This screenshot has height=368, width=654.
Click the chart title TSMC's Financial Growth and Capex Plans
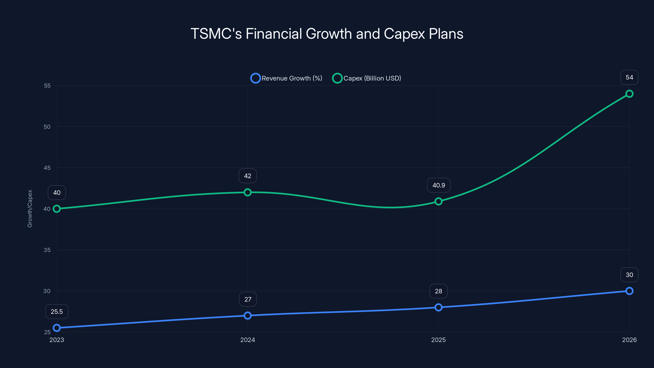tap(327, 34)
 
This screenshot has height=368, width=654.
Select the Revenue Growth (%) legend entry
tap(286, 78)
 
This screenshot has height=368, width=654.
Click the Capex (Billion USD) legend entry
tap(367, 78)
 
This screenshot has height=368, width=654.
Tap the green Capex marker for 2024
tap(247, 192)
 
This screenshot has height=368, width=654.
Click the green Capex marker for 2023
tap(57, 209)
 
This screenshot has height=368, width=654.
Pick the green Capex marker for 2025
tap(438, 201)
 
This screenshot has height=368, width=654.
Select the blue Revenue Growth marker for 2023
tap(57, 328)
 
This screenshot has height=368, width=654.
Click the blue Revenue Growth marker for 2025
tap(438, 307)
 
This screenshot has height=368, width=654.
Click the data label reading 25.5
tap(57, 312)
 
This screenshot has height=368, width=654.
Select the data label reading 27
tap(248, 300)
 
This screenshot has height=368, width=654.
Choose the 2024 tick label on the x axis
tap(247, 340)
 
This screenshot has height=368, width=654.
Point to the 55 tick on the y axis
tap(47, 86)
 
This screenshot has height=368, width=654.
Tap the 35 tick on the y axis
tap(47, 250)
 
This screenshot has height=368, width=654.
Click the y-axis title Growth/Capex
tap(30, 209)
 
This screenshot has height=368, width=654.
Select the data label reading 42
tap(247, 176)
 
